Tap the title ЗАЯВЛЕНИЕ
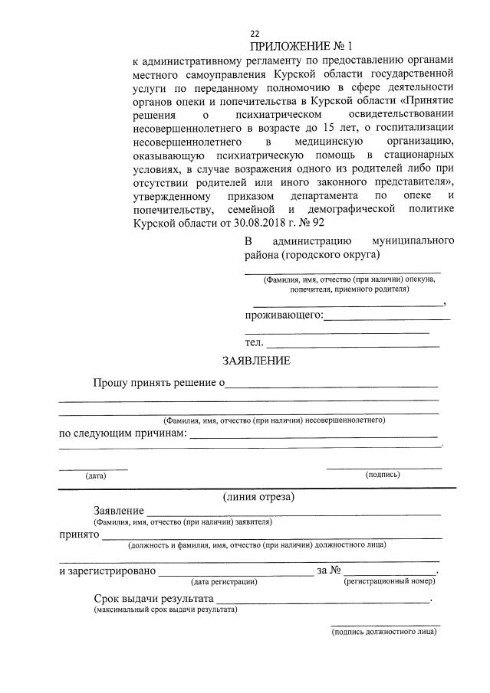point(256,360)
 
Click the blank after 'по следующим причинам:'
point(313,435)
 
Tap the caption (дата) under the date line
point(95,476)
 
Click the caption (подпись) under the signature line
point(383,475)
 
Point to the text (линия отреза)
point(258,496)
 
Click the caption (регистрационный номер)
point(390,582)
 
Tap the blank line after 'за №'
point(390,571)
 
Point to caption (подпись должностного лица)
point(384,632)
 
